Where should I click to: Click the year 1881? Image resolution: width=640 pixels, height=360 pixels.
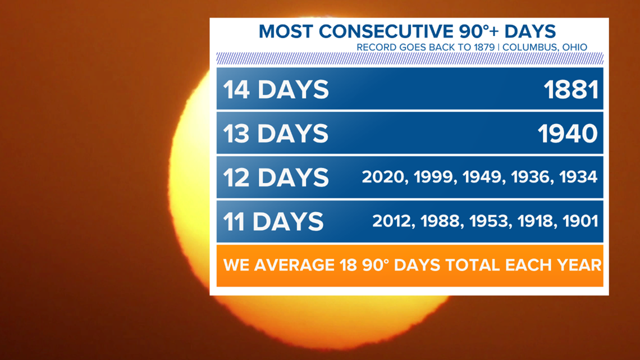[571, 90]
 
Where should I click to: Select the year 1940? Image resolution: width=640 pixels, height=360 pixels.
[568, 134]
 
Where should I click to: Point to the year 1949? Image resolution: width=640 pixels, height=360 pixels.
[482, 177]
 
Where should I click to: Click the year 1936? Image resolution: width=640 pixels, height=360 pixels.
[530, 177]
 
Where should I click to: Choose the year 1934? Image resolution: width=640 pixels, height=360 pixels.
[578, 177]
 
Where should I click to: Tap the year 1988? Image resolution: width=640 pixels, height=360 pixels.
[440, 221]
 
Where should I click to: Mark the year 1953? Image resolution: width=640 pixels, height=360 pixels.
[489, 221]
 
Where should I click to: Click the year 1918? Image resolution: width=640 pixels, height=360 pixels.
[536, 221]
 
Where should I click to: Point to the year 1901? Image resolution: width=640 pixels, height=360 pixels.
[580, 221]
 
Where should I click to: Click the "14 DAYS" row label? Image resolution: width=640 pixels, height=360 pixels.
[276, 90]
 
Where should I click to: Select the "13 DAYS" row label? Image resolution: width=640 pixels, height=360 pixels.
[276, 134]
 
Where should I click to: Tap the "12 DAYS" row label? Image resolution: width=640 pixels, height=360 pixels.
[276, 177]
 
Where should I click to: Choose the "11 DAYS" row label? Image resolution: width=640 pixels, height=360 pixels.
[273, 222]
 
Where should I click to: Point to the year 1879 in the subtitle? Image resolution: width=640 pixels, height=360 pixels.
[484, 47]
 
